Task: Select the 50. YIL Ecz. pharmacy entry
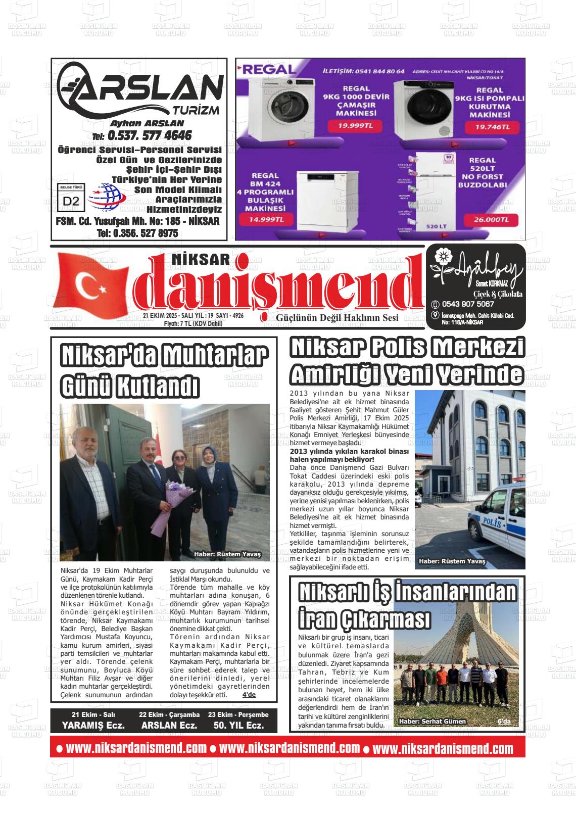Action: (238, 725)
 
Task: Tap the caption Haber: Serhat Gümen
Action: (432, 721)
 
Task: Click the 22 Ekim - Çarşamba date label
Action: (169, 714)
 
